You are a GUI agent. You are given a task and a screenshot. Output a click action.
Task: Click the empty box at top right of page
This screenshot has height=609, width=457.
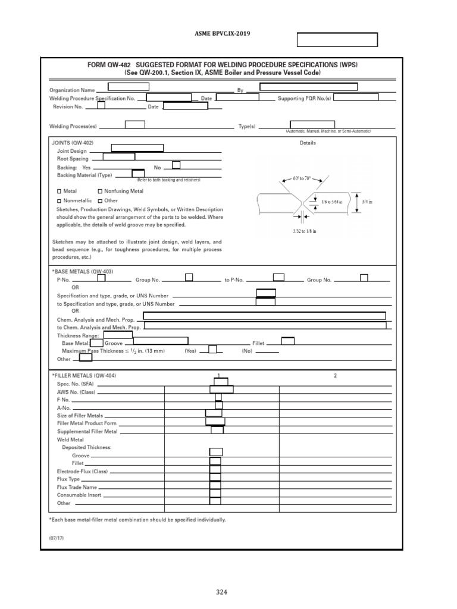tap(337, 40)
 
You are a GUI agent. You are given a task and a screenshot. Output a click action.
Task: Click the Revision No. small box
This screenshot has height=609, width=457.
tap(101, 106)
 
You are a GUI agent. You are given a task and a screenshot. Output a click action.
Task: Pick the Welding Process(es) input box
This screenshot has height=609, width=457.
tap(134, 124)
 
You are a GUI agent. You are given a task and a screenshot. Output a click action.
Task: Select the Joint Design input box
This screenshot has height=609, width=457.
tap(138, 148)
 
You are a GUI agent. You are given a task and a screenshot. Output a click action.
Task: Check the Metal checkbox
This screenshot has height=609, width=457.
tap(59, 192)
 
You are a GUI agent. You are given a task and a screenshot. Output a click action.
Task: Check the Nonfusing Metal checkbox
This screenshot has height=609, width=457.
tap(100, 192)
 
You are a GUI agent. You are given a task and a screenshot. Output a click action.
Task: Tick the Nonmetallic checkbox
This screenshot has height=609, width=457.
tap(59, 201)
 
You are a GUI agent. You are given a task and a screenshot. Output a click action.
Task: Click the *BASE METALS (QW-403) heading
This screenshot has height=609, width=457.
tap(83, 271)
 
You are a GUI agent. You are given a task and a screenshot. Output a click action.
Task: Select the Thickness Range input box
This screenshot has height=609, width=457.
tap(118, 334)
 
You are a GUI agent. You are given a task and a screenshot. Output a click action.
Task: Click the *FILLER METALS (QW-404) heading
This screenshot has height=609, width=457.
tap(84, 376)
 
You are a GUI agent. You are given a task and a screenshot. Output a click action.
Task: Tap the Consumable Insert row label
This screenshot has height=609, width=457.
tap(79, 495)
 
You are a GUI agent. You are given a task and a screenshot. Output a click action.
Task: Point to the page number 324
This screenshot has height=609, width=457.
tap(221, 592)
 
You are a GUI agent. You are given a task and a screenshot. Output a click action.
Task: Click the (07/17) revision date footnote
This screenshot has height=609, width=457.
tap(56, 538)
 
